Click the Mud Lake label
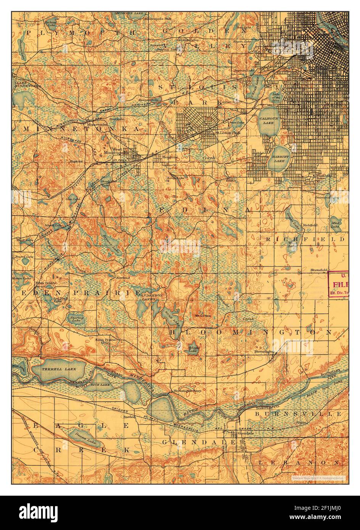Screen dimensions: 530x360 [x=335, y=225]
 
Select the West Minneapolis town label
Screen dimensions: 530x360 [x=123, y=151]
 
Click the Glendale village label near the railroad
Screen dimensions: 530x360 [x=244, y=434]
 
